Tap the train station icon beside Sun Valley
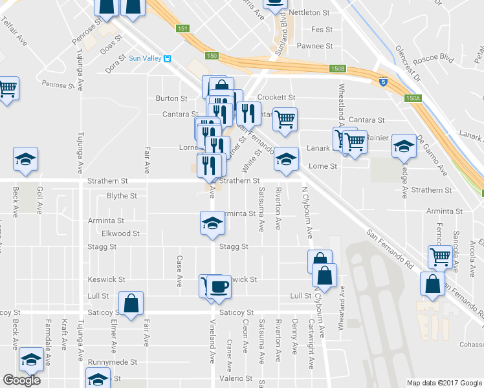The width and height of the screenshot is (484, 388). point(167,59)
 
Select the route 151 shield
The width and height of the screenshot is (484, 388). point(184,28)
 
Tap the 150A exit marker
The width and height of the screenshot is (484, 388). point(413,98)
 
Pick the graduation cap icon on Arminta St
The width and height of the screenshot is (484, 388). point(210,223)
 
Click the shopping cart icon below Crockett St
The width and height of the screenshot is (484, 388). point(285,119)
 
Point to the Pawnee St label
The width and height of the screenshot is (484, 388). point(314,46)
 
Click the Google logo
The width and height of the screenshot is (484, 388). point(21,380)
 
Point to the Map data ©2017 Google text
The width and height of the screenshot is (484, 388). point(444,383)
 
